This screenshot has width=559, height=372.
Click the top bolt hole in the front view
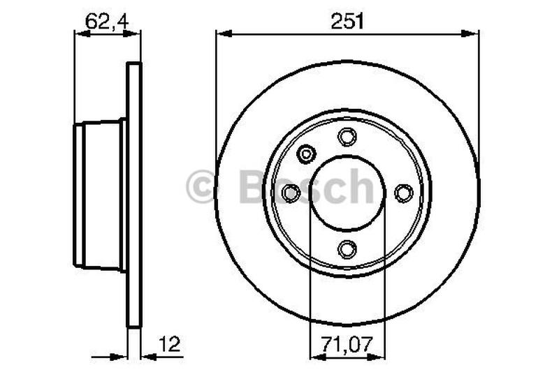(347, 137)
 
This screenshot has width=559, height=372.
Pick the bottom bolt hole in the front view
(347, 248)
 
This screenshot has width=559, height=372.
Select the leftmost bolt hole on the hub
(291, 192)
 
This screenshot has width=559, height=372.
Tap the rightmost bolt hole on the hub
(404, 192)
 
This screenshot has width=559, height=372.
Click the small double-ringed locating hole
(307, 153)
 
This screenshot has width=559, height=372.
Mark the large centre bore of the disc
(347, 192)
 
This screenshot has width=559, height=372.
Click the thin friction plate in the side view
(133, 195)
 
